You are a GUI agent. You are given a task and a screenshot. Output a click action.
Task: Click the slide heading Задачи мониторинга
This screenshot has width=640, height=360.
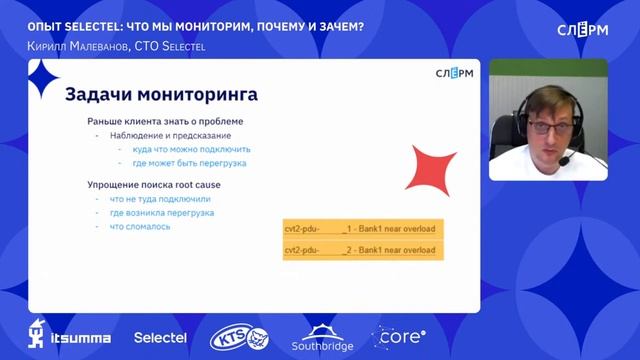(x=161, y=95)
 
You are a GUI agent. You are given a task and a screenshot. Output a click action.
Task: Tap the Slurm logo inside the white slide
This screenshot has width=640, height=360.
(x=455, y=73)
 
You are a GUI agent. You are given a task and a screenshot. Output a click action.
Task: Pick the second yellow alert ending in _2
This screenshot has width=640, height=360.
(x=362, y=249)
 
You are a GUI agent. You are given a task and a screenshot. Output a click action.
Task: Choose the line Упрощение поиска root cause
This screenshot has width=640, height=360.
(x=153, y=185)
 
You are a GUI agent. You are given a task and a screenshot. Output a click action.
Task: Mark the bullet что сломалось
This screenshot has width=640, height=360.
(x=140, y=226)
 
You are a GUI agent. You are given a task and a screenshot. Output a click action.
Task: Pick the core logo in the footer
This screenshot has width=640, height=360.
(x=399, y=337)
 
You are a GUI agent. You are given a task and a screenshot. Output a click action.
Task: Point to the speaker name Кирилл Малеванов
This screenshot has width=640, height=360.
(x=76, y=46)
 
